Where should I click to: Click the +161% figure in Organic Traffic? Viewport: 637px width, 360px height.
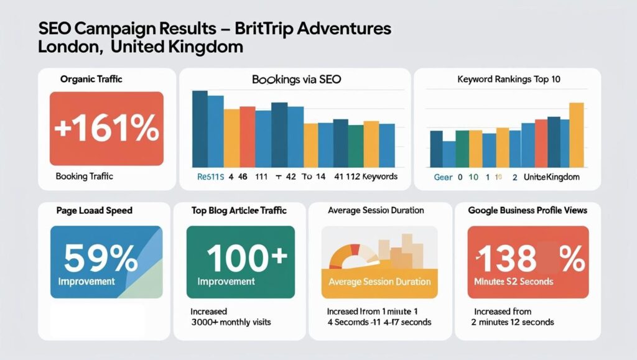coord(106,129)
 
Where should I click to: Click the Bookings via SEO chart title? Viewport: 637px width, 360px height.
coord(296,80)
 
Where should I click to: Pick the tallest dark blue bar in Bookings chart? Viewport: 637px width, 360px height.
coord(200,129)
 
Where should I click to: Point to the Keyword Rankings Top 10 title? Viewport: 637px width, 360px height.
coord(508,80)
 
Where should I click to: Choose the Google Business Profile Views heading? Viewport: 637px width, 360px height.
coord(528,210)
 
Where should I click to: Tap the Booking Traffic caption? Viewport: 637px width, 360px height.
coord(84,176)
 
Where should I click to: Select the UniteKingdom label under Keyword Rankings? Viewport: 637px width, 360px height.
coord(551,177)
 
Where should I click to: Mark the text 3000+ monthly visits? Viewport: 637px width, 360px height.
coord(231,322)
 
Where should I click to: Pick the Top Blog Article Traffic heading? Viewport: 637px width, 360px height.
coord(239,210)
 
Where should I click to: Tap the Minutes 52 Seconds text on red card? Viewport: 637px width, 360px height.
coord(514,282)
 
